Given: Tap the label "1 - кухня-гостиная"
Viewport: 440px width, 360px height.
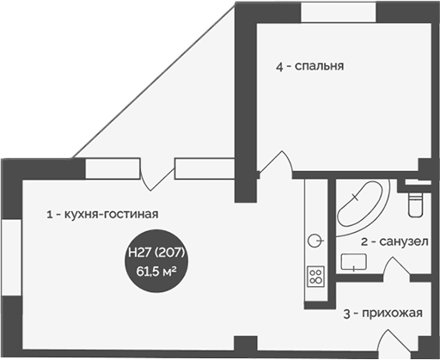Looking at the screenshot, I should click(104, 214).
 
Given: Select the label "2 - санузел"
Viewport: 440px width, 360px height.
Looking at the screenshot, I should click(394, 243).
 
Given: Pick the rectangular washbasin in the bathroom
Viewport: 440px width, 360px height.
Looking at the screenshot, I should click(353, 260).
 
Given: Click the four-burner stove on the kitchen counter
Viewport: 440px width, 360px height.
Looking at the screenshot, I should click(315, 277).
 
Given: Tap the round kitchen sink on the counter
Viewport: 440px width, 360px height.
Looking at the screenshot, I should click(315, 240).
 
